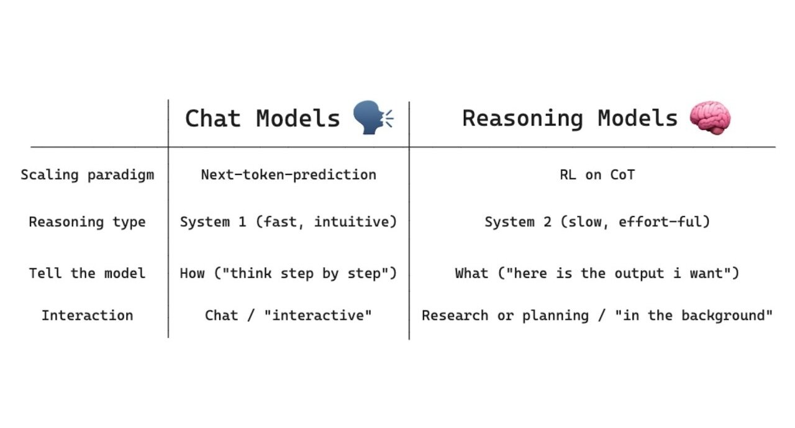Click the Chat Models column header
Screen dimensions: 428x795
click(x=262, y=119)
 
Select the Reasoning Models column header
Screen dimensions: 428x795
click(x=570, y=119)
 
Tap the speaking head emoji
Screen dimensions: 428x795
click(x=372, y=118)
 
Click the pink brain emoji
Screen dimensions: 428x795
click(x=710, y=118)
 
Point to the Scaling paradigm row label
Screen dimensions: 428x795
click(x=87, y=175)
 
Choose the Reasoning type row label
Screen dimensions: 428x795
click(x=87, y=222)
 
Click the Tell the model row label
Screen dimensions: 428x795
click(x=87, y=273)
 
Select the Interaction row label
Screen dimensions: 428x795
click(x=87, y=315)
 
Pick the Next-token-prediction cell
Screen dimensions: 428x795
click(x=288, y=175)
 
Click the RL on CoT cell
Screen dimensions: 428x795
click(x=597, y=175)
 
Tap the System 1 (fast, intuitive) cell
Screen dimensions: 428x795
click(x=288, y=222)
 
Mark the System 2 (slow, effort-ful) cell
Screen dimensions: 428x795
click(x=597, y=222)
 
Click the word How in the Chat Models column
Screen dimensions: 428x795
click(x=192, y=273)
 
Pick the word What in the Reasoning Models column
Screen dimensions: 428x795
click(x=471, y=273)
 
